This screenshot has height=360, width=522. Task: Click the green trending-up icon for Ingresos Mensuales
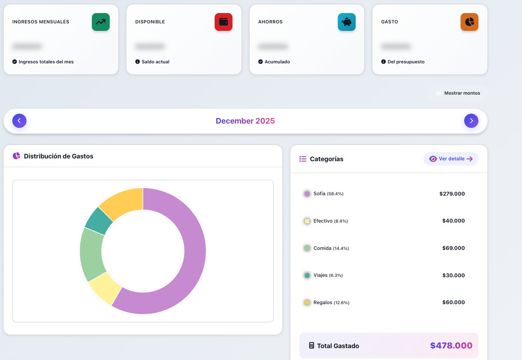point(101,22)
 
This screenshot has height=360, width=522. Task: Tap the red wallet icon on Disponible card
point(223,22)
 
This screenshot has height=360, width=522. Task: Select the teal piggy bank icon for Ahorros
point(347,22)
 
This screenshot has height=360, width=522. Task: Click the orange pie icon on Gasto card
point(469,22)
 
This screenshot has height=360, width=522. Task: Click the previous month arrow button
point(19,121)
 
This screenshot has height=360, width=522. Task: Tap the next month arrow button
point(471,121)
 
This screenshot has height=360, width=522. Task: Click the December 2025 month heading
point(245,121)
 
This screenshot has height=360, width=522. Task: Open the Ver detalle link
point(451,159)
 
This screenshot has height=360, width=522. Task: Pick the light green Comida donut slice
point(91,253)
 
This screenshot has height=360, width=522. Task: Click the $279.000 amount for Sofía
point(452,194)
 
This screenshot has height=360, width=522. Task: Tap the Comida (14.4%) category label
point(331,248)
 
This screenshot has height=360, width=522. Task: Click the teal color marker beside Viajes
point(307,275)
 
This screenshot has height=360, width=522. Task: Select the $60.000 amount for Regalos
point(453,302)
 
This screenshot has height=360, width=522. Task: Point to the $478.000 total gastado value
point(451,345)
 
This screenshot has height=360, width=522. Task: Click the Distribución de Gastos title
point(59,156)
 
